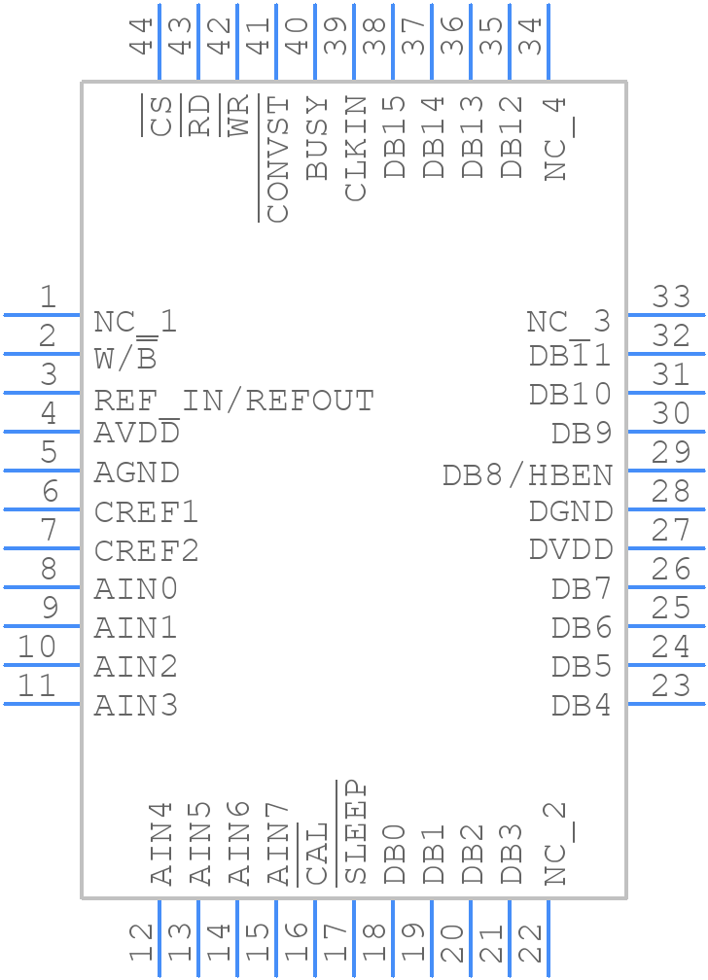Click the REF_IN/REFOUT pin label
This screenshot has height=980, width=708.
(233, 401)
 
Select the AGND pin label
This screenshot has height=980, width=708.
(137, 472)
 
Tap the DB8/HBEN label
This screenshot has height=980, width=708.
(528, 475)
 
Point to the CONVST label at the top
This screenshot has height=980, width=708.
(277, 159)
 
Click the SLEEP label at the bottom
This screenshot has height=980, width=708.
(356, 832)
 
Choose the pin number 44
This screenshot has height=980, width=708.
(143, 37)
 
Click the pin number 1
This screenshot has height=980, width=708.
(47, 297)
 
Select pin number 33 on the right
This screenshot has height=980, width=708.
(671, 297)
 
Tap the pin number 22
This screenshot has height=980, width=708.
(530, 943)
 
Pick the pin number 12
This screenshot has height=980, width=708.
(143, 943)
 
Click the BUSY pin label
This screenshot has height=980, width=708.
(317, 137)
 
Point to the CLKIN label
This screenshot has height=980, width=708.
(356, 148)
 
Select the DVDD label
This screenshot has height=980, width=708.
(571, 549)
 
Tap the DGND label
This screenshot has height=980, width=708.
(571, 511)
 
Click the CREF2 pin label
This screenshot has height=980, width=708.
(147, 551)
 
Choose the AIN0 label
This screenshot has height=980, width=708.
(136, 589)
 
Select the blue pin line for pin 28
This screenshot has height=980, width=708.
(666, 508)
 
